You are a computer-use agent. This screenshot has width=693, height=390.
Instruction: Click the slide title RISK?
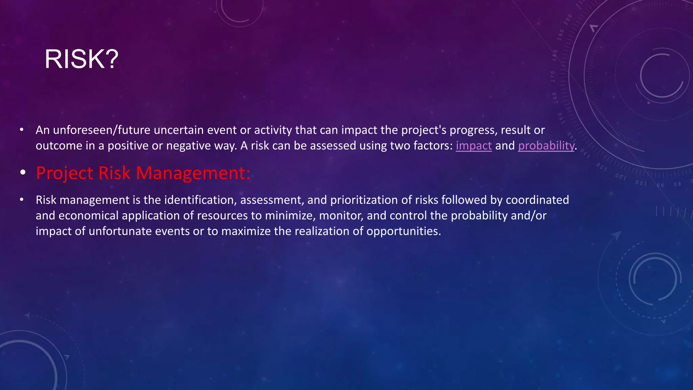(x=81, y=59)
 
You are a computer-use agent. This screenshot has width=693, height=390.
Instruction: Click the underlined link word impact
(x=473, y=146)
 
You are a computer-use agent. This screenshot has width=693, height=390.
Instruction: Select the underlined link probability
(x=546, y=146)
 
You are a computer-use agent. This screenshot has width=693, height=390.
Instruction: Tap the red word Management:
(x=193, y=173)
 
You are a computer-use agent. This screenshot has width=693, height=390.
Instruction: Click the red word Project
(x=64, y=173)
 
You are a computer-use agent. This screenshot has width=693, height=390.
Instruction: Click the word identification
(x=200, y=200)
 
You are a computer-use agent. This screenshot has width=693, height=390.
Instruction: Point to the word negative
(x=188, y=146)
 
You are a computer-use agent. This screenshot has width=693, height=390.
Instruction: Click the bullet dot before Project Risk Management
(x=23, y=173)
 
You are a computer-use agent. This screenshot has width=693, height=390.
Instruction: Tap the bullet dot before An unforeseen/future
(x=22, y=130)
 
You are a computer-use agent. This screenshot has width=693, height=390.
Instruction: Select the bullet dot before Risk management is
(x=22, y=200)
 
